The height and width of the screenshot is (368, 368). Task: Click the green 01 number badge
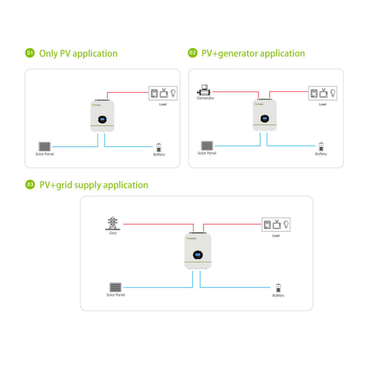30,53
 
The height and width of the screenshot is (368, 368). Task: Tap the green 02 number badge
192,53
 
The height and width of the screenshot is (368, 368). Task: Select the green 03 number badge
30,185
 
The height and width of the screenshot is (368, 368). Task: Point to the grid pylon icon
112,223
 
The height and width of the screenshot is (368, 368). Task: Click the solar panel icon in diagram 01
44,147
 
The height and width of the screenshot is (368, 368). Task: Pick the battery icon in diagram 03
278,288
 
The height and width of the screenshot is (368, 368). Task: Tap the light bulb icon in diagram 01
173,92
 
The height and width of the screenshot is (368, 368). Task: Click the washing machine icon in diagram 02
314,93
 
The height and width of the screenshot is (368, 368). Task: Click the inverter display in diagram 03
196,255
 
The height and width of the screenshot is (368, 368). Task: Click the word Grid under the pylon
113,234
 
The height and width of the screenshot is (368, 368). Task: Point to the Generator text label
205,98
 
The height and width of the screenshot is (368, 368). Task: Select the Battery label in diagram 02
321,154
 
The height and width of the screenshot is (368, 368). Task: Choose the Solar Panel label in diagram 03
115,295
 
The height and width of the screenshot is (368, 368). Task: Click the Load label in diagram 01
163,104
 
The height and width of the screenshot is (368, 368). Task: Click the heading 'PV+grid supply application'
94,185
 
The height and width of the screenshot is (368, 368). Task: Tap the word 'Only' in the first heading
48,53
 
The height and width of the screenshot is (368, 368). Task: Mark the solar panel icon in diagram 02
207,146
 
